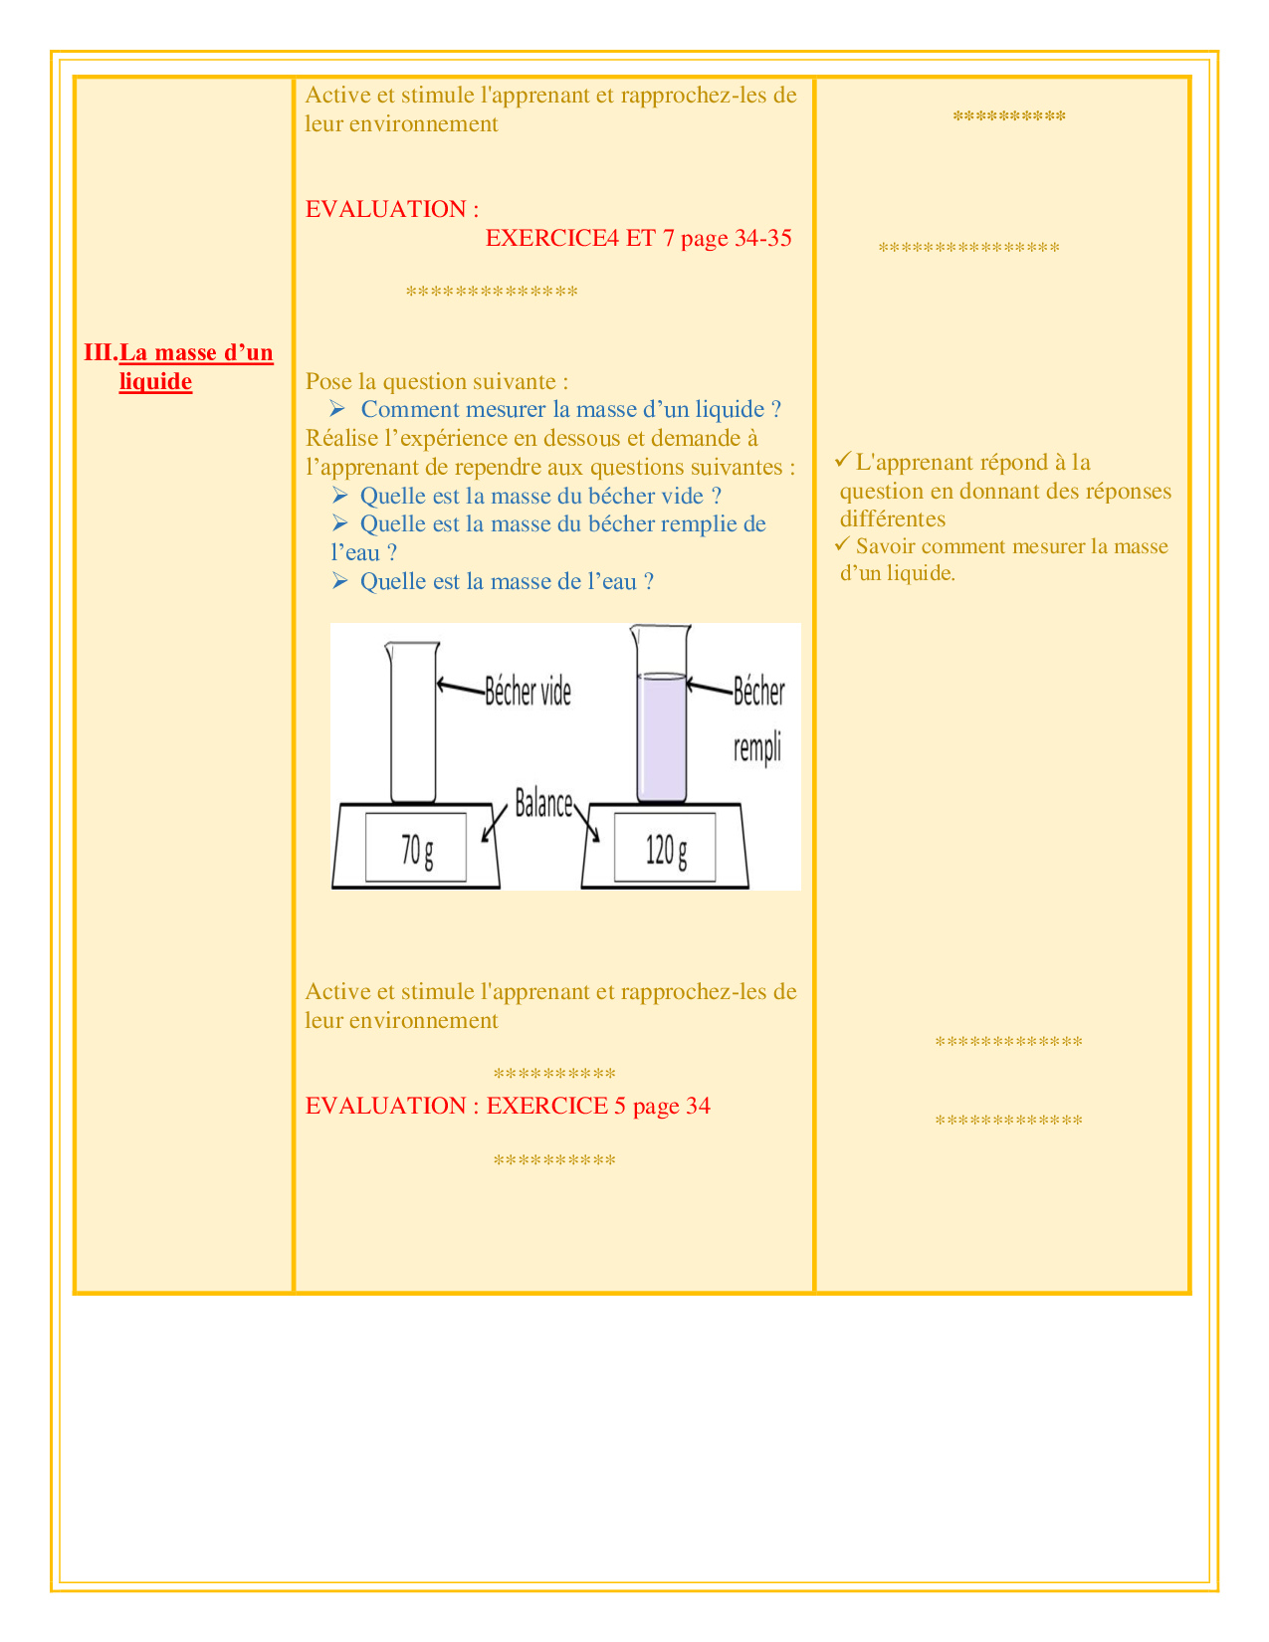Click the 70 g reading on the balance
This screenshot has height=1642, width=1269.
click(417, 850)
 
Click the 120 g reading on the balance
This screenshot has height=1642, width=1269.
click(666, 850)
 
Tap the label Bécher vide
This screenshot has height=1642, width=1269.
click(528, 692)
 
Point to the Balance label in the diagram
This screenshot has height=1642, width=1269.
click(543, 803)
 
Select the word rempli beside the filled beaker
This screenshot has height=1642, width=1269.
click(756, 748)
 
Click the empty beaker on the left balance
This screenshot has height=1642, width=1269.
click(413, 721)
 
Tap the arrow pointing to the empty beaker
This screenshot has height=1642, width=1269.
click(460, 687)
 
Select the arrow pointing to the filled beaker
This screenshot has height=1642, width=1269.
click(709, 687)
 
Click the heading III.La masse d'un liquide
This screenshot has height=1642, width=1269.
click(178, 366)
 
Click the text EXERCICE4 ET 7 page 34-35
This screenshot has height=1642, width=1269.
click(638, 238)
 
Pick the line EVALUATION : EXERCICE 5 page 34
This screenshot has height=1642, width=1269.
click(508, 1106)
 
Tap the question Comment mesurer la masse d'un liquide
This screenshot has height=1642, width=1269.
click(570, 409)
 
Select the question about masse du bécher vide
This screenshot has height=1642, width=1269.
click(540, 496)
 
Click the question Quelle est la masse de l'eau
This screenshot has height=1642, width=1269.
click(507, 581)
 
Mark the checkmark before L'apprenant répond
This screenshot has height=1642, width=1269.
click(843, 460)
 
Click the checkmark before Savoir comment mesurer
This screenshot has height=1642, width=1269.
click(843, 543)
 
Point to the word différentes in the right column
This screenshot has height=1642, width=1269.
click(893, 518)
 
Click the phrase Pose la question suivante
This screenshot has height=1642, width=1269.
click(436, 381)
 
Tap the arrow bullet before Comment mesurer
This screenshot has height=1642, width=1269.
click(337, 409)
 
